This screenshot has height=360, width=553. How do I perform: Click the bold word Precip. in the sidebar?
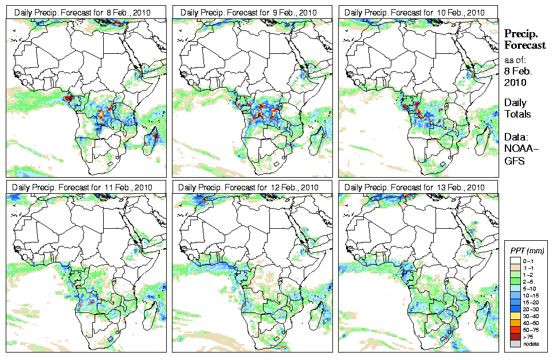[x=518, y=34]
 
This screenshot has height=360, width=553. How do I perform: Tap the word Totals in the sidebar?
[x=517, y=114]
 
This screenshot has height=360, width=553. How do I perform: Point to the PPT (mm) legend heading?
[x=527, y=251]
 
